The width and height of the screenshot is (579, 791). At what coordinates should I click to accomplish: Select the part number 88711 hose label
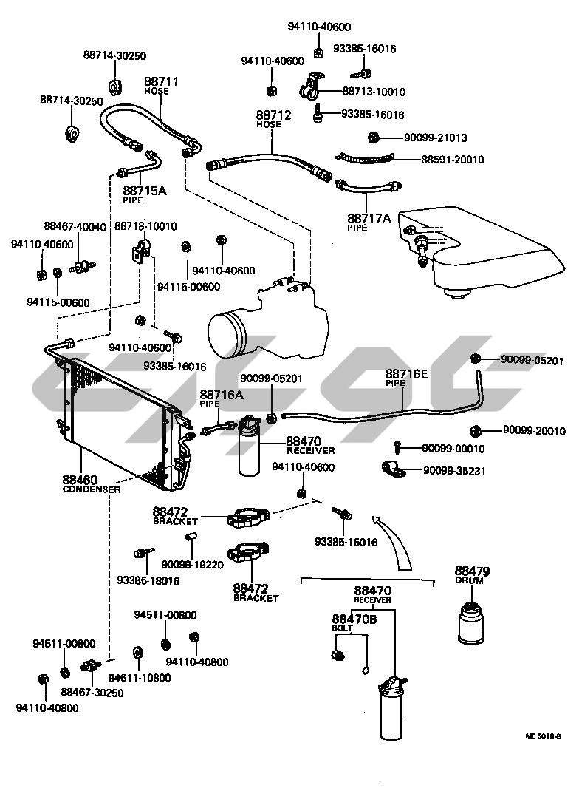[x=161, y=81]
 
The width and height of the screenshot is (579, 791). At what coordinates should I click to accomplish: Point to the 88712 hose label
[x=273, y=115]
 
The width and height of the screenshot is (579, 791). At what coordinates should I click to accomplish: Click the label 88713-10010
[x=374, y=92]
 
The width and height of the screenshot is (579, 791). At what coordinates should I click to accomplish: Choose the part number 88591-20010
[x=452, y=159]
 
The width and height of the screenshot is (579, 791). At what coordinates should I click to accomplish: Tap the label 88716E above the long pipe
[x=406, y=375]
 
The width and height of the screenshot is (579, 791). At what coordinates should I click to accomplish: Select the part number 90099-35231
[x=453, y=470]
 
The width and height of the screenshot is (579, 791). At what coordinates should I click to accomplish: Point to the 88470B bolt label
[x=354, y=619]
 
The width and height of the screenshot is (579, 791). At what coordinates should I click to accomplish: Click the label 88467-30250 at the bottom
[x=92, y=693]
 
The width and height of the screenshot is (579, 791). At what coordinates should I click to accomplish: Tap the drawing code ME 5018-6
[x=544, y=736]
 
